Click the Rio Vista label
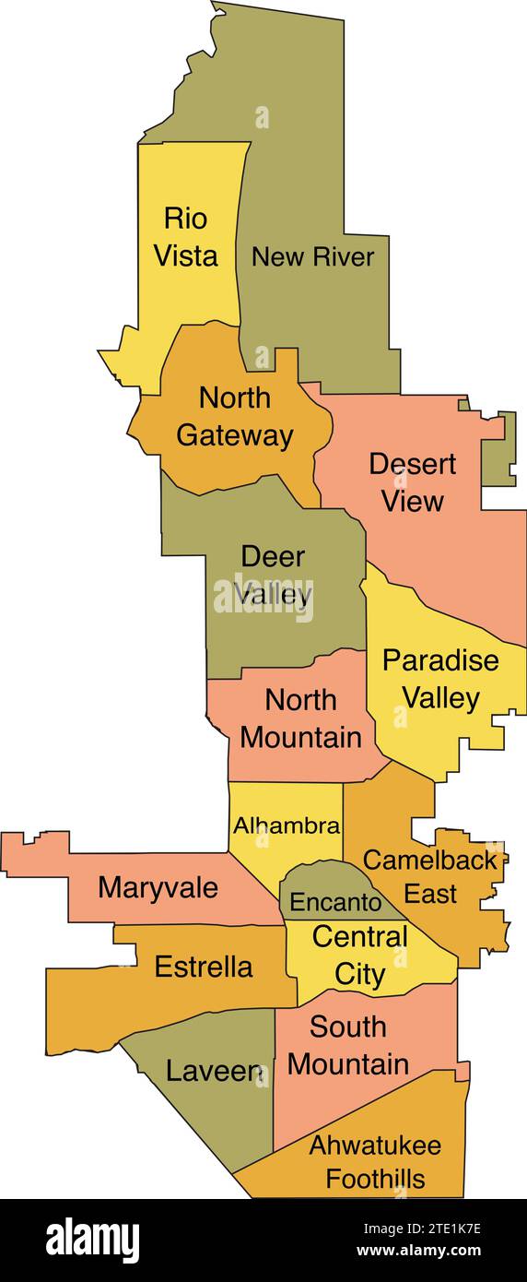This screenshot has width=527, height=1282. pyautogui.click(x=185, y=237)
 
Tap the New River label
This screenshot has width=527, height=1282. pyautogui.click(x=313, y=256)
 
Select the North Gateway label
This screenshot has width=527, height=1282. pyautogui.click(x=235, y=416)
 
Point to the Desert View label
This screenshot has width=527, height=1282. pyautogui.click(x=412, y=481)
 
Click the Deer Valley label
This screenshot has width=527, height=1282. pyautogui.click(x=273, y=576)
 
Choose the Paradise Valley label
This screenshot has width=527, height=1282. pyautogui.click(x=440, y=679)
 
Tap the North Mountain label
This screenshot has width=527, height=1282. pyautogui.click(x=300, y=718)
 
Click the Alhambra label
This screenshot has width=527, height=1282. pyautogui.click(x=286, y=825)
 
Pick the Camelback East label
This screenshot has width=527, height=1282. pyautogui.click(x=429, y=876)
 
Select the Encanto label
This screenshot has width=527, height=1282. pyautogui.click(x=335, y=902)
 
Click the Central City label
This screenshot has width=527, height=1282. pyautogui.click(x=359, y=956)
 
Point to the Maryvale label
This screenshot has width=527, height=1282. pyautogui.click(x=158, y=888)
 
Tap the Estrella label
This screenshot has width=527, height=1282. pyautogui.click(x=203, y=967)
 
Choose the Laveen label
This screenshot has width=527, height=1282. pyautogui.click(x=215, y=1071)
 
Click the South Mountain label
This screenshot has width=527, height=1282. pyautogui.click(x=347, y=1045)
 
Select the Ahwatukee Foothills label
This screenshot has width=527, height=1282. pyautogui.click(x=375, y=1162)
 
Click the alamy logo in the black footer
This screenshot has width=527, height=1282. pyautogui.click(x=92, y=1239)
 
